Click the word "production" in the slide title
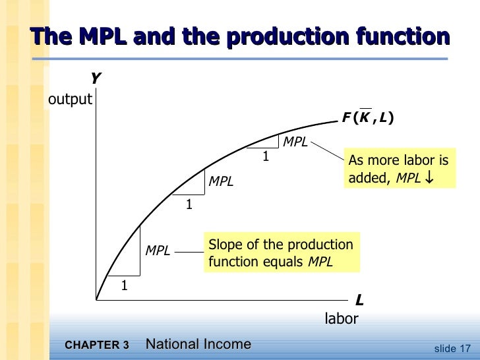[x=293, y=36]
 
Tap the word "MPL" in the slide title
[x=102, y=36]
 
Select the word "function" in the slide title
[x=402, y=36]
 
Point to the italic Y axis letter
[x=96, y=79]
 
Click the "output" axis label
[x=70, y=100]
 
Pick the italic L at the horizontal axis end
[x=359, y=301]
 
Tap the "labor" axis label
[x=342, y=319]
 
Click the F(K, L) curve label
[x=367, y=119]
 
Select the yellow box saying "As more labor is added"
[x=399, y=169]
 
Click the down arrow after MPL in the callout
[x=430, y=179]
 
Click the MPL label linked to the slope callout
[x=158, y=251]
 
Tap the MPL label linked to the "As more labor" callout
[x=295, y=142]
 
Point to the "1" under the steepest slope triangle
[x=123, y=285]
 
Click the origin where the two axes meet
[x=96, y=300]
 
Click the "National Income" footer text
[x=198, y=344]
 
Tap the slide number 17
[x=466, y=348]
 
